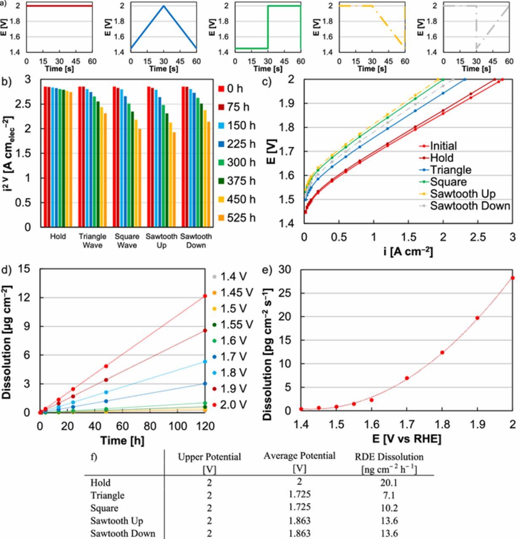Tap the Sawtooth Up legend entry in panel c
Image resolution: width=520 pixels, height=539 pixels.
(462, 194)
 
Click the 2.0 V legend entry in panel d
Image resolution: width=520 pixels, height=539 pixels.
(232, 405)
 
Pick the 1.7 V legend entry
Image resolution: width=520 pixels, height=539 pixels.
(232, 357)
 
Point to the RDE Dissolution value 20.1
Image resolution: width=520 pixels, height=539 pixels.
(389, 483)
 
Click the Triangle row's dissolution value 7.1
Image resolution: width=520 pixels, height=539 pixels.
(389, 496)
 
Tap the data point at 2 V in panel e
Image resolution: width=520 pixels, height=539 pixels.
(512, 278)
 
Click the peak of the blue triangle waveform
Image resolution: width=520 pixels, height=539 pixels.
(164, 5)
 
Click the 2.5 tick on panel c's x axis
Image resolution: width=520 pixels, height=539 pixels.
(478, 237)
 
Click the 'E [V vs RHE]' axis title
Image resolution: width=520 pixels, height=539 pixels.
(407, 439)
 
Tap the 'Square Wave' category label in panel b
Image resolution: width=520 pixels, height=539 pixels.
(127, 240)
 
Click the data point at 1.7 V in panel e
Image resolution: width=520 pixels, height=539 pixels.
(407, 378)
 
